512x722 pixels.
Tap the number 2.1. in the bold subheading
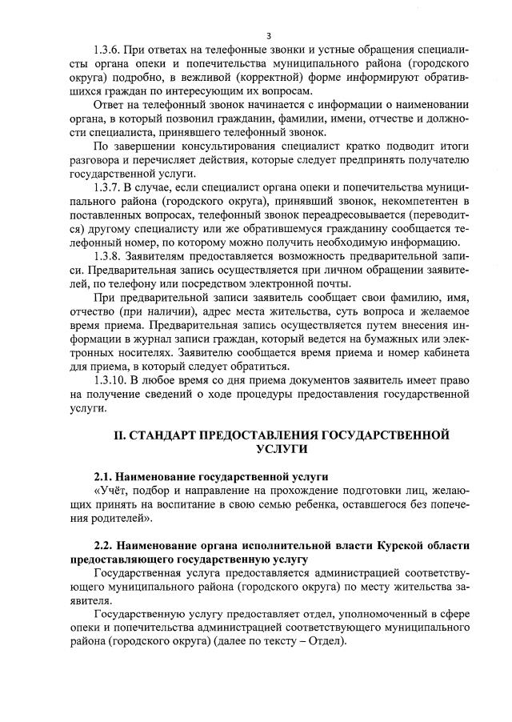pyautogui.click(x=106, y=476)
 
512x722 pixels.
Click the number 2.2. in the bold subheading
pyautogui.click(x=106, y=546)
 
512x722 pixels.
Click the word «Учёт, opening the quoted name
pyautogui.click(x=114, y=490)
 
